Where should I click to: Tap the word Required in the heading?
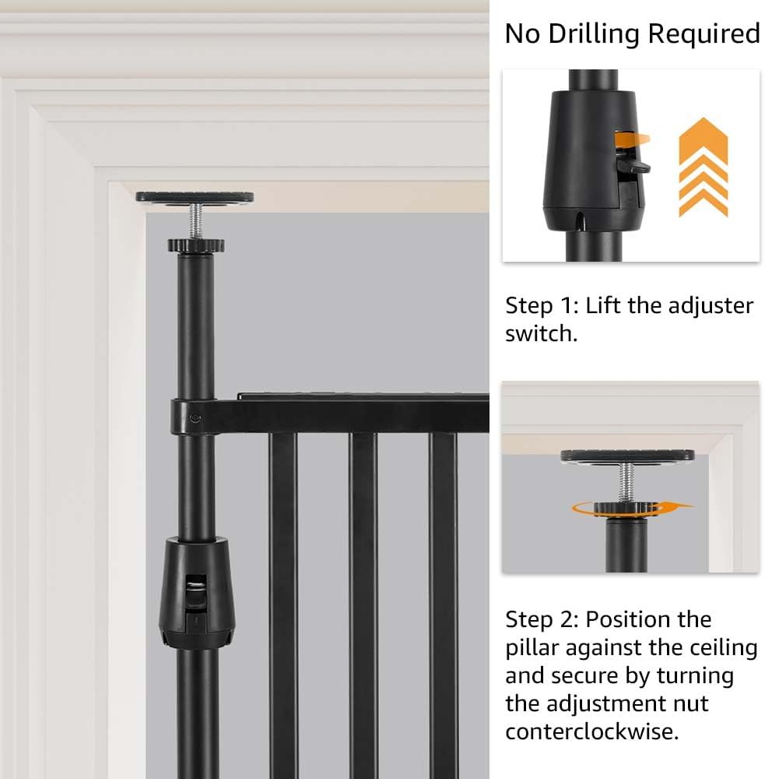pos(704,34)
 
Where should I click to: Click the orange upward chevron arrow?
pos(703,167)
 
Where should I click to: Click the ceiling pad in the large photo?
pos(195,197)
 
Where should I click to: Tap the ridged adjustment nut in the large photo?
pos(196,245)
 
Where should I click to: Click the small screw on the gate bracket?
pos(195,418)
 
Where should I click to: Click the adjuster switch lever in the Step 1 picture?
pos(633,164)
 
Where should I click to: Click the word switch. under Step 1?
pos(541,333)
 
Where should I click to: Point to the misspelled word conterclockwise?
pos(591,731)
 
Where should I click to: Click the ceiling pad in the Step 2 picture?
pos(627,456)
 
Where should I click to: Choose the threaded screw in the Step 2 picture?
pos(626,482)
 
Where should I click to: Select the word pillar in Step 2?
pos(532,648)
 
